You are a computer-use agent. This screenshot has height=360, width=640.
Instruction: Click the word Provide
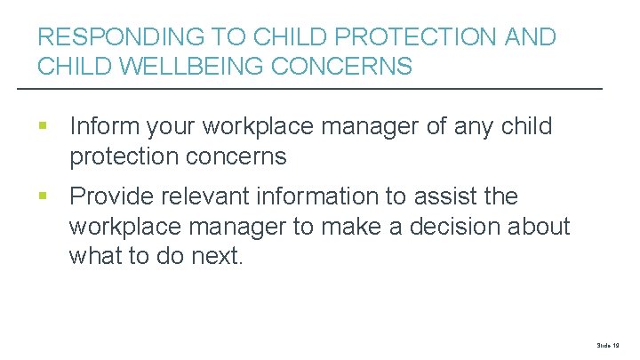point(114,196)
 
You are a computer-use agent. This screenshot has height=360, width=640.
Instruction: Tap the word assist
point(475,196)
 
